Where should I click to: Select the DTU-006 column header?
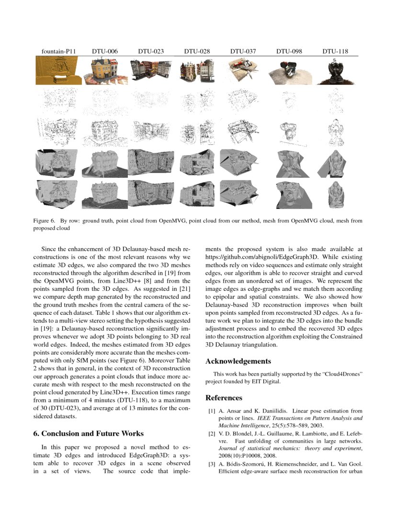(105, 51)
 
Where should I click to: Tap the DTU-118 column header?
(335, 51)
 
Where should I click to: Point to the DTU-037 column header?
(243, 51)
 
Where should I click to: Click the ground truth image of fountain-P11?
(57, 70)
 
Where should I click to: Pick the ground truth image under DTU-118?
(335, 71)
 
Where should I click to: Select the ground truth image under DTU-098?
(289, 71)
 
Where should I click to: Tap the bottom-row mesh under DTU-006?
(103, 194)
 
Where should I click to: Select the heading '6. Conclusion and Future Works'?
(88, 434)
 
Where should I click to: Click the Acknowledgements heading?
(238, 361)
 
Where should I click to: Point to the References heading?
(224, 398)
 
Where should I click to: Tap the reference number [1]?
(211, 411)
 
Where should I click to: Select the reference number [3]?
(211, 464)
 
